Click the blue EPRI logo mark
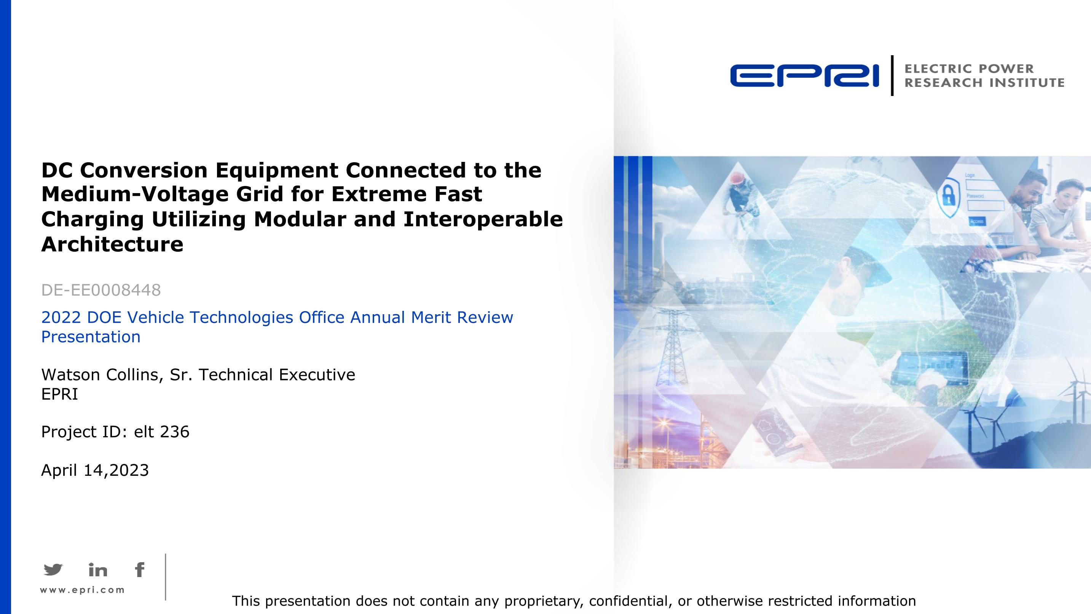click(804, 76)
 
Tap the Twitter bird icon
click(53, 569)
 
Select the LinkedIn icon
click(98, 570)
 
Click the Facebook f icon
click(140, 570)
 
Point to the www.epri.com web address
click(82, 590)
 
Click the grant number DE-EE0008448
click(101, 290)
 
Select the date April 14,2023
click(95, 470)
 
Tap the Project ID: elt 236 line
click(115, 432)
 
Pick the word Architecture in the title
click(112, 244)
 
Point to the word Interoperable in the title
click(483, 219)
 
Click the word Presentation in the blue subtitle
click(91, 337)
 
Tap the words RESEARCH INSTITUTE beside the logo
click(984, 83)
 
